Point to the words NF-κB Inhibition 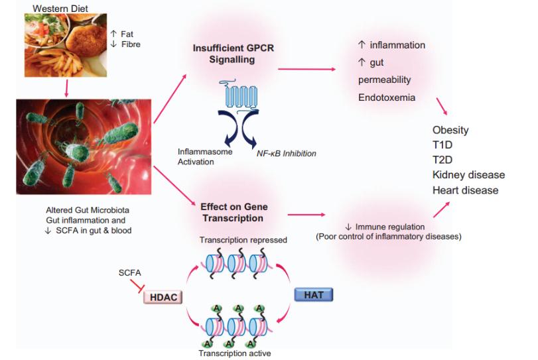click(x=287, y=153)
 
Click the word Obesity click(x=450, y=130)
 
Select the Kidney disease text click(x=468, y=175)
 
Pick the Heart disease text click(x=465, y=190)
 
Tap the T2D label click(x=442, y=160)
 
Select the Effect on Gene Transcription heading click(x=228, y=212)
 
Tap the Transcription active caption click(x=235, y=353)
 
